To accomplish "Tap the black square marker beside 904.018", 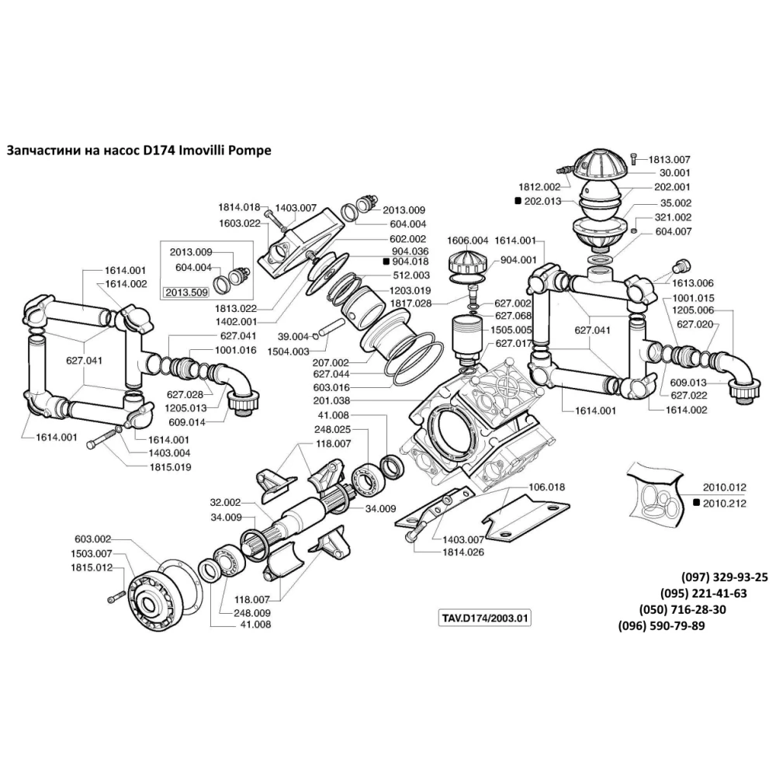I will coord(386,262).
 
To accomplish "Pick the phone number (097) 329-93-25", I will coord(724,578).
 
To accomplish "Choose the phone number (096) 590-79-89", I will coord(661,626).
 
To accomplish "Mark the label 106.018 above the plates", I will coord(547,487).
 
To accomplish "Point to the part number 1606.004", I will coord(467,241).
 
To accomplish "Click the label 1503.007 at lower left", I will coord(92,553).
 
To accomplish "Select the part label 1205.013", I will coord(186,407).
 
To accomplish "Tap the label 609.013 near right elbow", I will coord(688,382).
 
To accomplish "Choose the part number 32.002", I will coord(226,502).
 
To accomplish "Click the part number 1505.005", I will coord(513,329).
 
